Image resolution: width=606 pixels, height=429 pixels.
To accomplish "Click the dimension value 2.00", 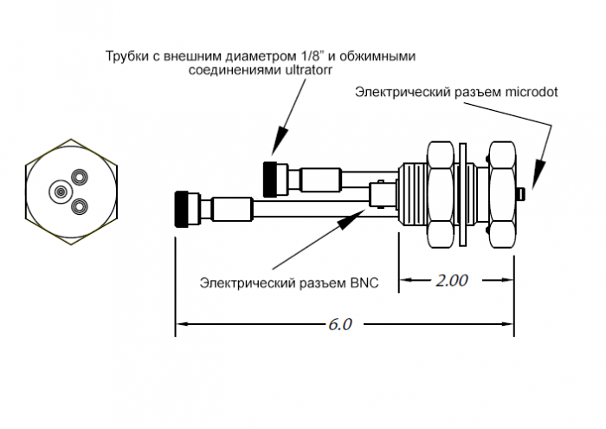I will [x=450, y=281].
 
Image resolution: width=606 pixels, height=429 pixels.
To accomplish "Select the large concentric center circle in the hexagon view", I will [x=61, y=191].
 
